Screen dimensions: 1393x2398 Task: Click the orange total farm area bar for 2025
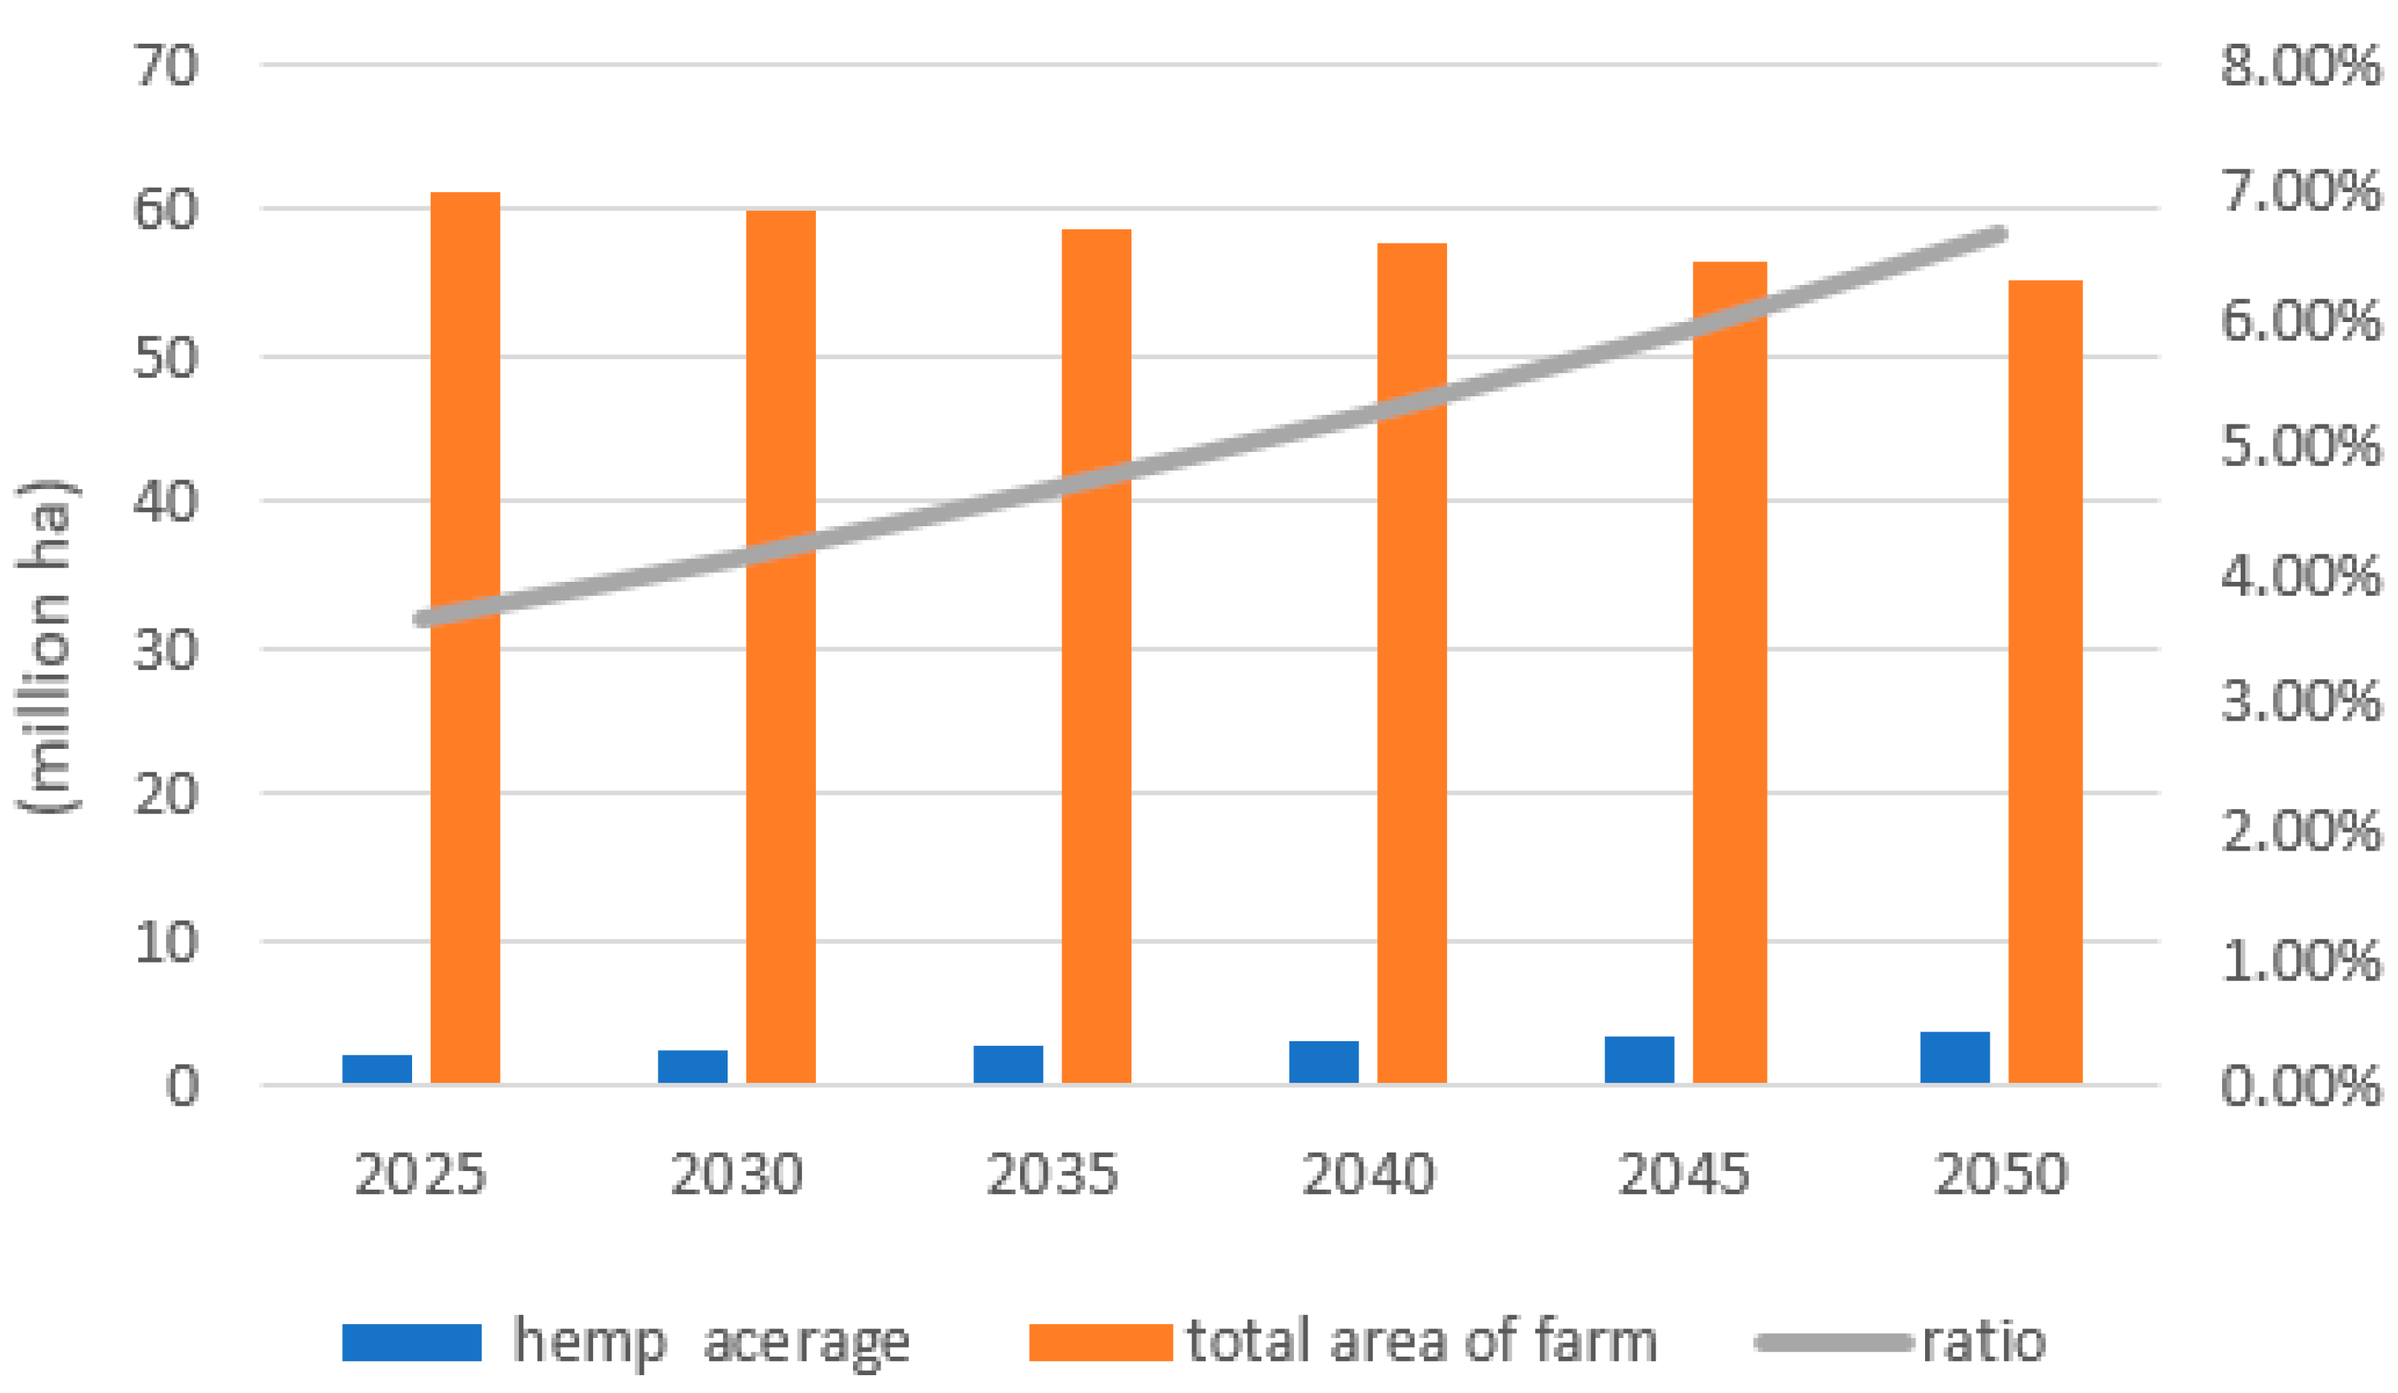click(465, 637)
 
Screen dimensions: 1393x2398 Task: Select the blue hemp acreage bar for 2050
click(1955, 1058)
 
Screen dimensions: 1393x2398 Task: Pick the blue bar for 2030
click(693, 1066)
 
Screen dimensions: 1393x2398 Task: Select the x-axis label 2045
click(1683, 1173)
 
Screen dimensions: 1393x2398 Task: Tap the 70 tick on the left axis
click(166, 67)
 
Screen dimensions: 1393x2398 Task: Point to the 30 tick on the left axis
click(166, 651)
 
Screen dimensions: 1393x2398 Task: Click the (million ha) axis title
click(46, 647)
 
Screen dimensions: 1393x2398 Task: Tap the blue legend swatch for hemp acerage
click(411, 1342)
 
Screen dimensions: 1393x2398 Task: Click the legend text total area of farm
click(1422, 1342)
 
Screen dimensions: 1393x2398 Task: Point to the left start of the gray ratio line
click(422, 620)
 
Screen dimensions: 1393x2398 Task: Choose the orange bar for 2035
click(1097, 657)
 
